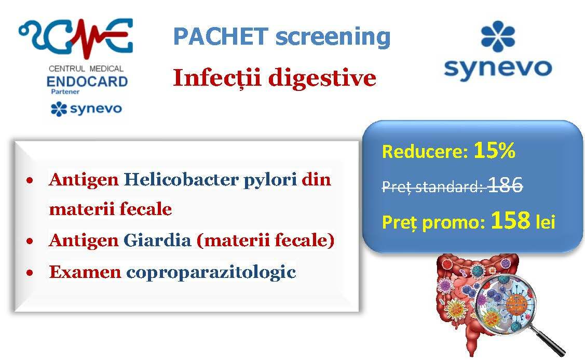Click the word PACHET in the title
point(221,36)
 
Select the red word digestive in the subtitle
point(322,78)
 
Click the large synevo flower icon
point(498,36)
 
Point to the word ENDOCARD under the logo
point(87,82)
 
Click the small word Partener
point(65,91)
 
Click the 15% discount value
point(494,150)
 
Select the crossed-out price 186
point(505,184)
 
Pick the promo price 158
point(510,220)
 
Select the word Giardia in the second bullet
point(157,240)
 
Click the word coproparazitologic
point(211,273)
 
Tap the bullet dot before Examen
point(30,273)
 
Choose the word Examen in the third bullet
point(85,272)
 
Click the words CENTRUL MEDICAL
point(86,69)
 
